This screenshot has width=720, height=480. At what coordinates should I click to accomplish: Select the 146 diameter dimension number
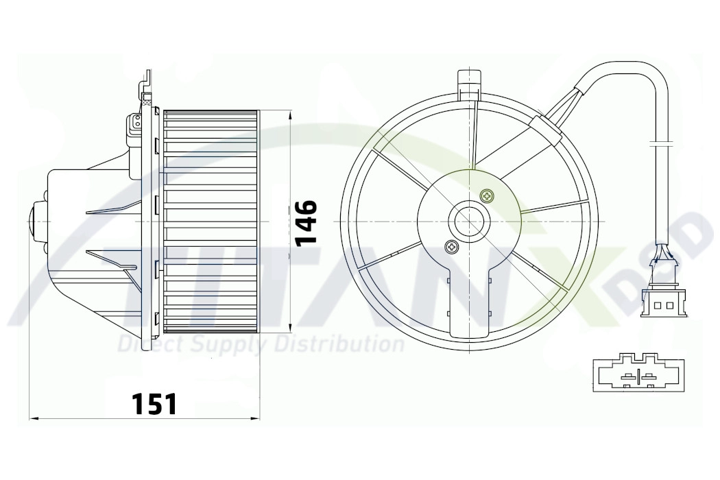pyautogui.click(x=306, y=222)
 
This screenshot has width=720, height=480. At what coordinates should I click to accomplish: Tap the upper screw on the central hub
pyautogui.click(x=487, y=196)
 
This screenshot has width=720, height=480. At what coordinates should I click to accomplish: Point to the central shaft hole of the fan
pyautogui.click(x=469, y=221)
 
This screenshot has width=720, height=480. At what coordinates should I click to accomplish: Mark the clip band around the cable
pyautogui.click(x=660, y=144)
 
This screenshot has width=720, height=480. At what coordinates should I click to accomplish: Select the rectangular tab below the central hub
pyautogui.click(x=470, y=305)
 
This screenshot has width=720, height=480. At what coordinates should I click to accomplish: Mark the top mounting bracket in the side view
pyautogui.click(x=147, y=86)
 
